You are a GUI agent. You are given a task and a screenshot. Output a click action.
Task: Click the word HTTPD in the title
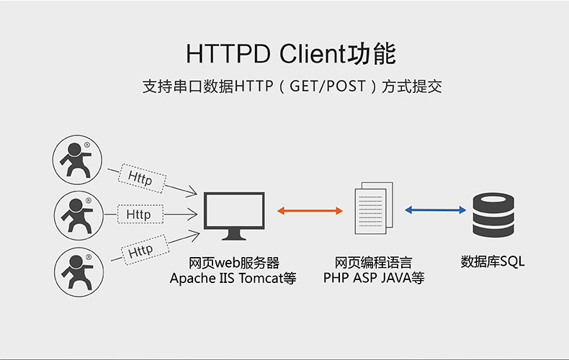click(225, 55)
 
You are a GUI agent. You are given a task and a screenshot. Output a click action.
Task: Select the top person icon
click(78, 159)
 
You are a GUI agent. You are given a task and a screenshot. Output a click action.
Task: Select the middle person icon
click(78, 215)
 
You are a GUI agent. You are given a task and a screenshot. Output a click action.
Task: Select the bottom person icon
click(78, 269)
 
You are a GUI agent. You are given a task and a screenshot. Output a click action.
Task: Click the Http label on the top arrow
click(140, 178)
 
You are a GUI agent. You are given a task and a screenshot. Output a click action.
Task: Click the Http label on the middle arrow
click(138, 215)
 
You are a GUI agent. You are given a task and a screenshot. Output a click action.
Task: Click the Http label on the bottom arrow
click(140, 251)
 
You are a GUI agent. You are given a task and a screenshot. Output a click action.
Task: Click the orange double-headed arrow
click(310, 211)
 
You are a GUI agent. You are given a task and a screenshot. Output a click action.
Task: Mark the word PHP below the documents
click(336, 278)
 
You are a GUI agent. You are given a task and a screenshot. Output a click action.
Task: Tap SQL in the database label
click(512, 262)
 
